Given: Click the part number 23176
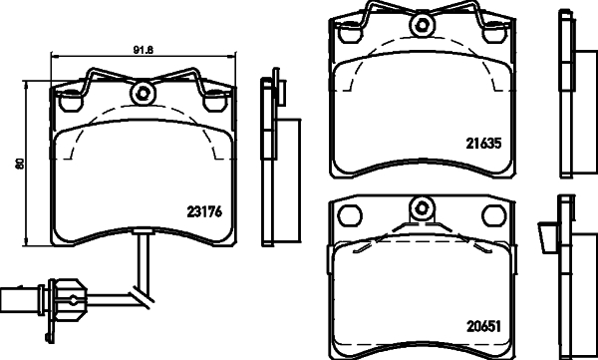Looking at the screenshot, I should click(203, 210).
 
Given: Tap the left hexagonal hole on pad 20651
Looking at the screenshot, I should click(349, 213).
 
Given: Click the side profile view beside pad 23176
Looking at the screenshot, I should click(271, 160).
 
